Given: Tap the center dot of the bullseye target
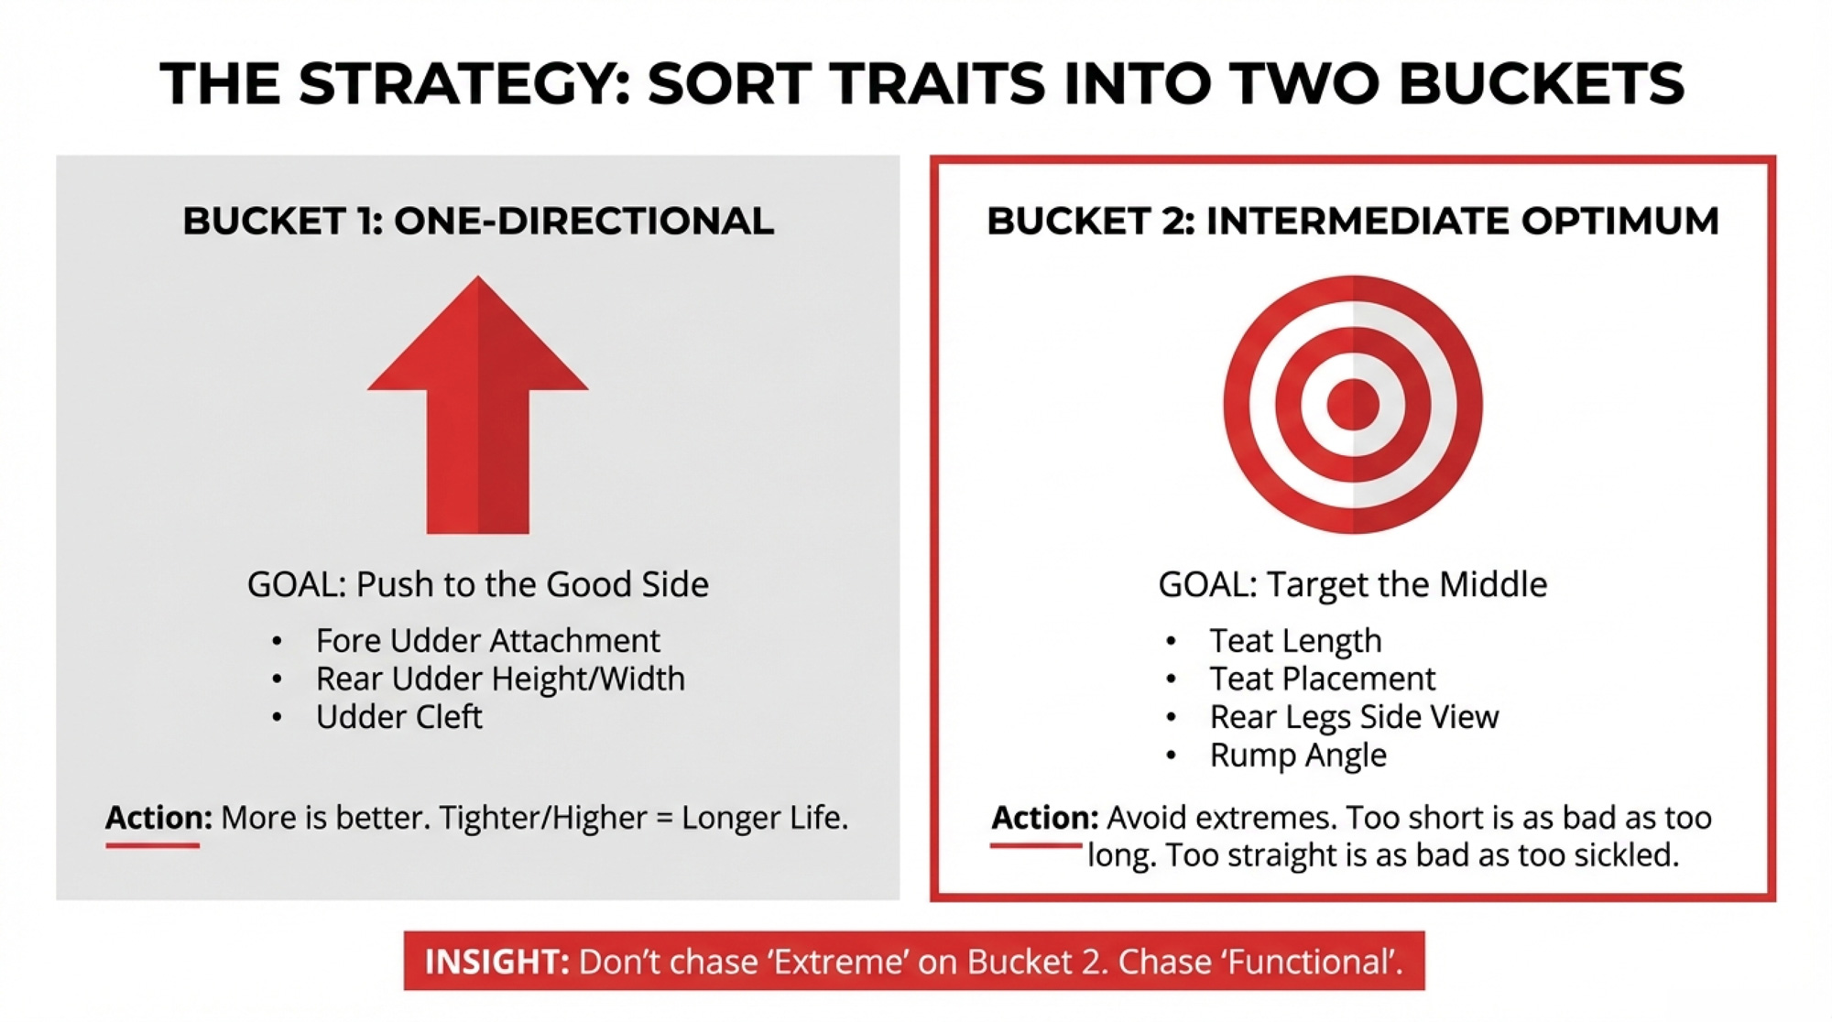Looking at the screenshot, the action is click(x=1353, y=404).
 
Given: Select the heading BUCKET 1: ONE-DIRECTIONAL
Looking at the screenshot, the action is click(x=478, y=222).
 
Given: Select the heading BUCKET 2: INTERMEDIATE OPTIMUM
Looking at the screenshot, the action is click(x=1353, y=222).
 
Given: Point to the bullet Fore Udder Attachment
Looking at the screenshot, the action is click(x=487, y=640).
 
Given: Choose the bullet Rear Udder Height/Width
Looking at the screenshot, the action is click(x=500, y=679).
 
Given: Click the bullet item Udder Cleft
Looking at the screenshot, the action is click(x=398, y=716).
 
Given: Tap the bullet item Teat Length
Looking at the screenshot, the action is click(x=1295, y=641).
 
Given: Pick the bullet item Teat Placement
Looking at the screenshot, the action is click(x=1323, y=679).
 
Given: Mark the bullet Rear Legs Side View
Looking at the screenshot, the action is click(x=1354, y=717).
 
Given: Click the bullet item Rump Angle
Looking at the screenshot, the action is click(x=1298, y=756).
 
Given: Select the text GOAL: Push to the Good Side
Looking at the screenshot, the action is click(x=478, y=584).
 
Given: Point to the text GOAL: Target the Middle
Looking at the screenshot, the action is click(x=1353, y=584).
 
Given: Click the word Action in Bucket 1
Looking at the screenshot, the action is click(x=158, y=817).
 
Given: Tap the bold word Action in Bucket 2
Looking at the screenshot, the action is click(x=1044, y=817).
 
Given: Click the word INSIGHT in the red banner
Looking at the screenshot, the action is click(x=496, y=962).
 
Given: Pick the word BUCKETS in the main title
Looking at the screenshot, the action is click(x=1541, y=84).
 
